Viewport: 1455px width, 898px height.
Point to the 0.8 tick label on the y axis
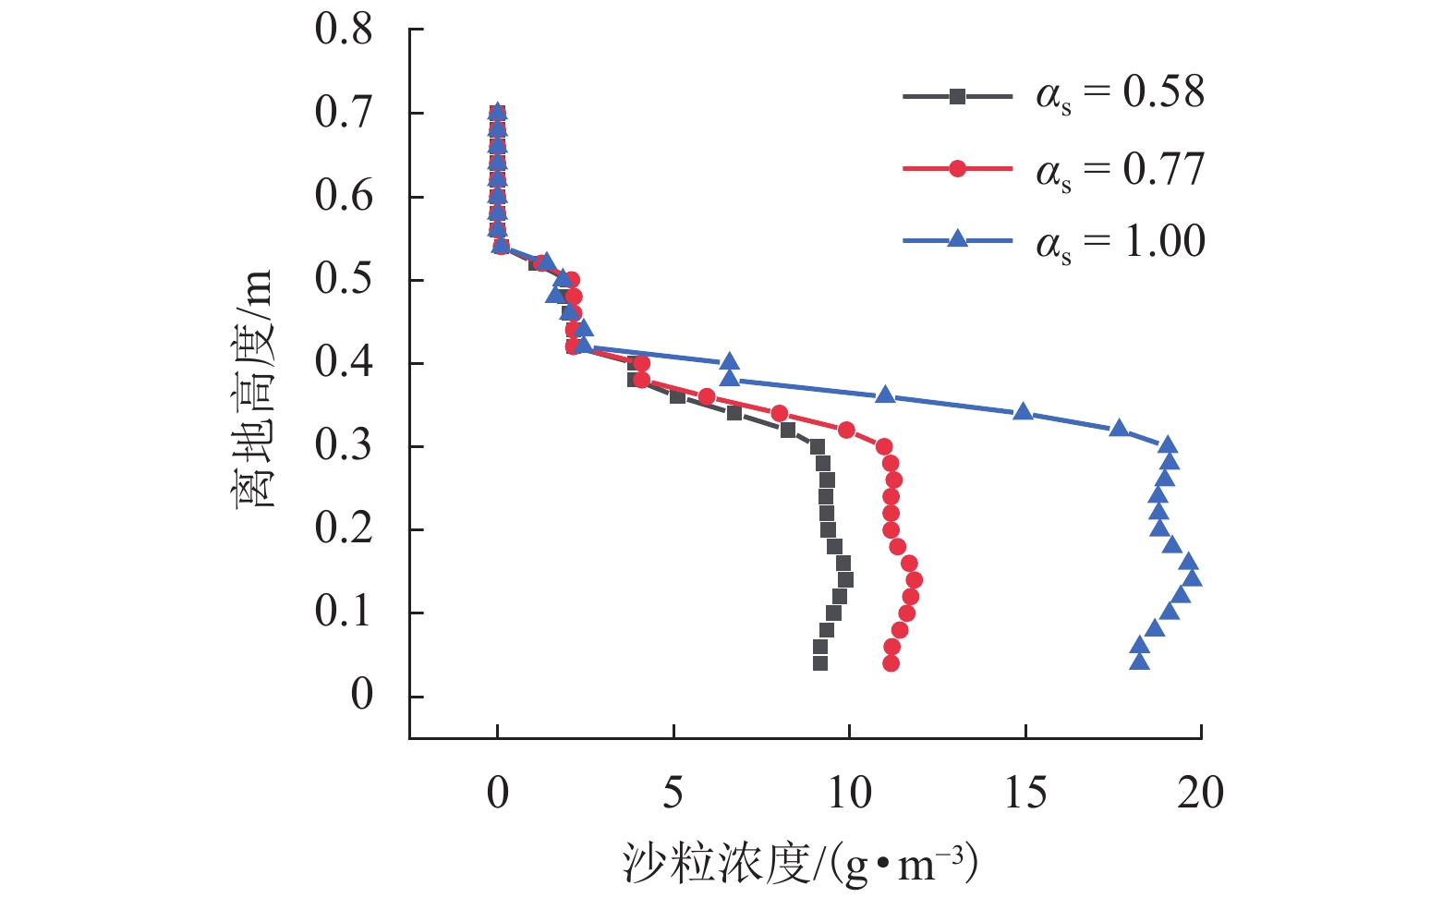click(344, 30)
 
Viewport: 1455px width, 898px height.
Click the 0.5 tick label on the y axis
click(344, 279)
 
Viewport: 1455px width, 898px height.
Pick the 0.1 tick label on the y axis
click(344, 612)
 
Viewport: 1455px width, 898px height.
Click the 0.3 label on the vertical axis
click(344, 445)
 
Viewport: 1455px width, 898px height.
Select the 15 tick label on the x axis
click(1025, 793)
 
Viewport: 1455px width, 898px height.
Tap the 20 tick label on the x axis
click(1200, 793)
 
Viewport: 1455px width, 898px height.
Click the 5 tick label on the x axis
click(673, 793)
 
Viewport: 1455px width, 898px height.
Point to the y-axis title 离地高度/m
click(252, 389)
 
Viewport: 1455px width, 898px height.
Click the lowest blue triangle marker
click(1139, 661)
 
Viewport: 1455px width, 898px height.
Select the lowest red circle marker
click(891, 663)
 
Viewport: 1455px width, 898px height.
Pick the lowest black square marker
click(820, 663)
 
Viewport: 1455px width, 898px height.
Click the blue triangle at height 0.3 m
click(1168, 445)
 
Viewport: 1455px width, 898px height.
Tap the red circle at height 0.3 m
click(884, 447)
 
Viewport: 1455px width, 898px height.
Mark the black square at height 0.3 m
click(818, 447)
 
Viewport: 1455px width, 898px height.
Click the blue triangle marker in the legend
click(957, 239)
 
